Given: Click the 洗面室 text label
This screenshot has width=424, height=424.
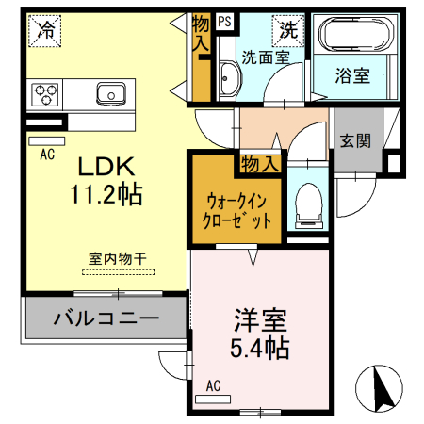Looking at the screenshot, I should pos(265,57).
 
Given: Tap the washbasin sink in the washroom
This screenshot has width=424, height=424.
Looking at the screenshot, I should pos(228,77).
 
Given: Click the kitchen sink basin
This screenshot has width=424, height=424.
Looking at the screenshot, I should pos(112,92).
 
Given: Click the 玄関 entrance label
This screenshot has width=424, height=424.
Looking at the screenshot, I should pos(354,141).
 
